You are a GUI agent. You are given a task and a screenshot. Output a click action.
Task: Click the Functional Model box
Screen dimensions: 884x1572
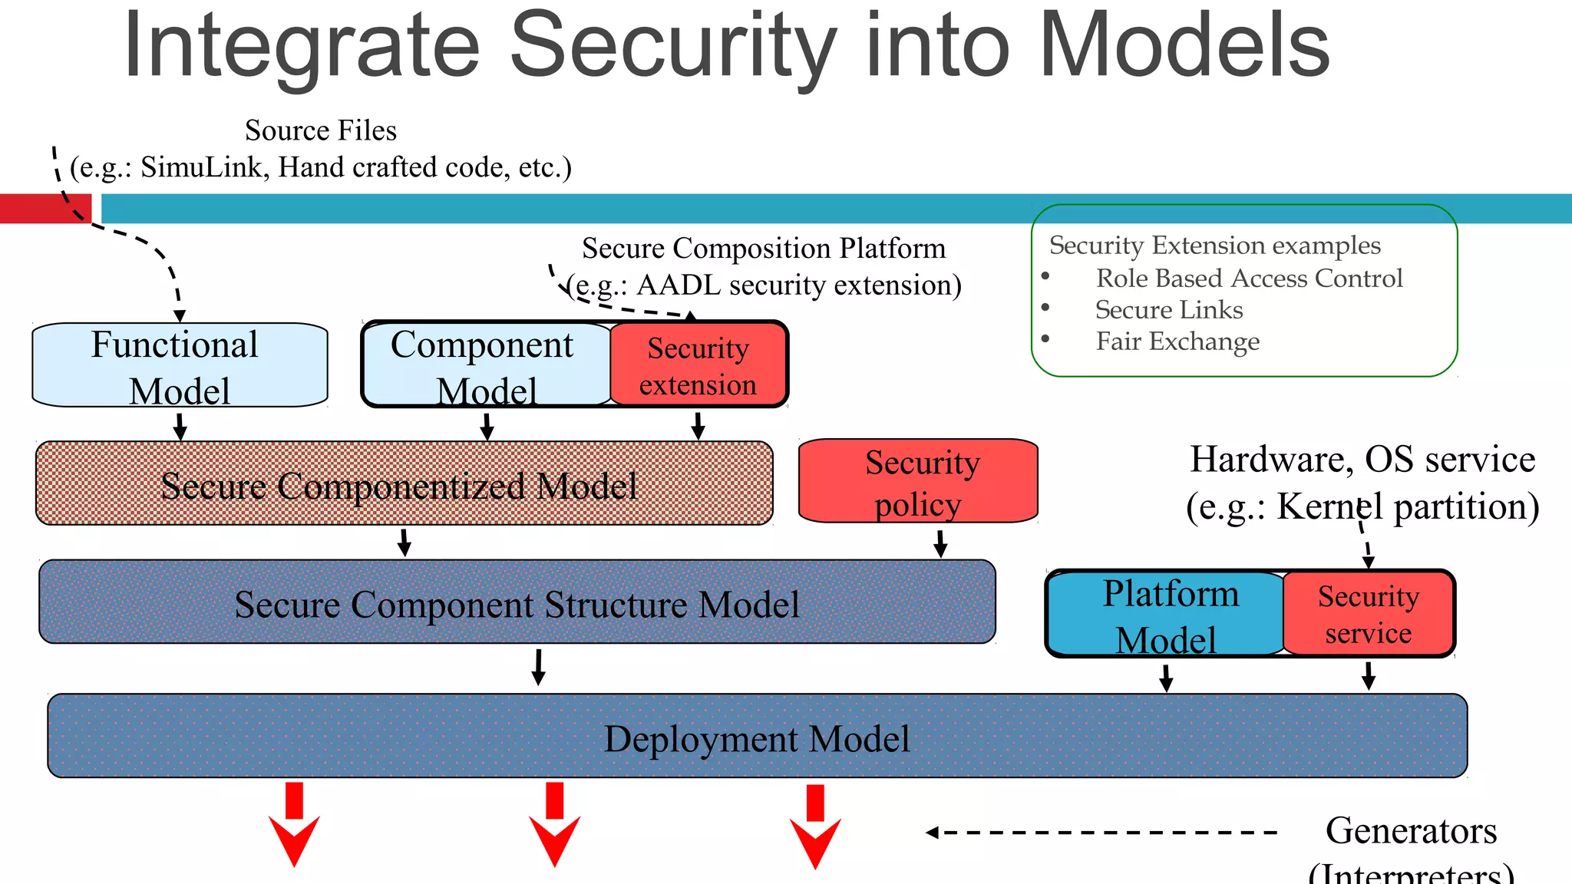pyautogui.click(x=180, y=365)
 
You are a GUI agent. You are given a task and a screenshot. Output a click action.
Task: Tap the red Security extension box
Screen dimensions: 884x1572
pyautogui.click(x=698, y=365)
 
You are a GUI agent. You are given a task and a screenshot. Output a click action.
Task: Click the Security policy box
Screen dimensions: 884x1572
pyautogui.click(x=919, y=482)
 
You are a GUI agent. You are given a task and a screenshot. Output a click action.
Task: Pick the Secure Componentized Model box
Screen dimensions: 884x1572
pyautogui.click(x=404, y=483)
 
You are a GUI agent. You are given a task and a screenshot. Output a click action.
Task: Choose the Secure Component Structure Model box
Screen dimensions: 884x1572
pyautogui.click(x=517, y=602)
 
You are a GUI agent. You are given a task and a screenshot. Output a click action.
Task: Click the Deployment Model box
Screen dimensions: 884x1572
pyautogui.click(x=757, y=737)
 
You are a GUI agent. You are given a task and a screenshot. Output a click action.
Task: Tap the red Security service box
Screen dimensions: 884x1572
pyautogui.click(x=1369, y=614)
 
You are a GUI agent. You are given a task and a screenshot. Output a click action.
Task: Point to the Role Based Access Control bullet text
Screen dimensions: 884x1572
pyautogui.click(x=1249, y=278)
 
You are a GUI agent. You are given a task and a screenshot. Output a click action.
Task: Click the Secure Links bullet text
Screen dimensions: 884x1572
pyautogui.click(x=1168, y=310)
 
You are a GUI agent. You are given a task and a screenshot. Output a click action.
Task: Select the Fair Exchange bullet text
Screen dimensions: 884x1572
pyautogui.click(x=1177, y=341)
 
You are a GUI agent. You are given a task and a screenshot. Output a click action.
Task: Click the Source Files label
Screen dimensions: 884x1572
pyautogui.click(x=321, y=130)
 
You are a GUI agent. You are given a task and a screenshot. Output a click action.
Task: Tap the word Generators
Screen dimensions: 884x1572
pyautogui.click(x=1411, y=830)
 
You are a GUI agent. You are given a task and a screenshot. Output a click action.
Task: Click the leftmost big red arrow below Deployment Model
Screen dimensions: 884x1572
pyautogui.click(x=294, y=826)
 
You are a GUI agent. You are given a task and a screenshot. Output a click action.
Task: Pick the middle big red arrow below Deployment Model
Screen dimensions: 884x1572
pyautogui.click(x=554, y=826)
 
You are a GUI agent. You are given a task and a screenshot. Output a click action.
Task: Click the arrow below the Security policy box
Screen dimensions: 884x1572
pyautogui.click(x=940, y=543)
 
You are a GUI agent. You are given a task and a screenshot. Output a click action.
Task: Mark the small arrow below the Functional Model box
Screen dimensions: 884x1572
pyautogui.click(x=180, y=427)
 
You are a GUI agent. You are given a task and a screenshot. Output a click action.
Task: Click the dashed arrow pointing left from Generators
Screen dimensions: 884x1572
pyautogui.click(x=1101, y=833)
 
